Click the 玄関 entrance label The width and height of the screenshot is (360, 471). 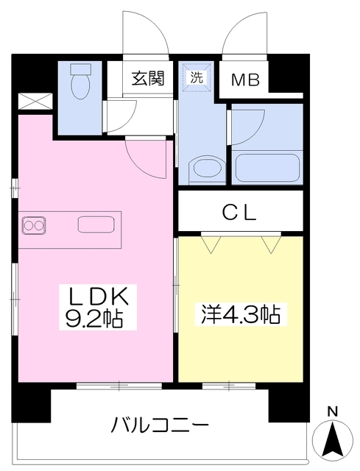(x=148, y=79)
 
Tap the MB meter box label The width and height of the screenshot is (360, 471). (x=245, y=79)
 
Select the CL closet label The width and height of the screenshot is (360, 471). (x=239, y=213)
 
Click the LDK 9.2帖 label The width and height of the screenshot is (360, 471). (x=97, y=307)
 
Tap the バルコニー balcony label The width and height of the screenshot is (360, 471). (x=160, y=424)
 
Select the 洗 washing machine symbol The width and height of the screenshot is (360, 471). (x=197, y=77)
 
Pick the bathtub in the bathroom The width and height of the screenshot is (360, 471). (x=267, y=168)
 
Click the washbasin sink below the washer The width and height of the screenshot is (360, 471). (x=207, y=171)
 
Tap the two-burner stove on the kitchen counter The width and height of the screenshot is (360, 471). (x=33, y=226)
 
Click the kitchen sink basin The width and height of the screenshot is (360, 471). (x=96, y=224)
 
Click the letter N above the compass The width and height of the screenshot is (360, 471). (x=332, y=411)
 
